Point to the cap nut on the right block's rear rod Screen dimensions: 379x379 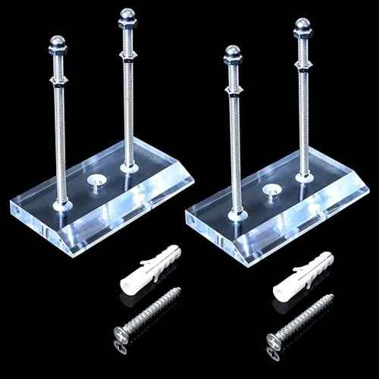point(303,28)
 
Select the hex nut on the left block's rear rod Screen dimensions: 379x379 point(127,55)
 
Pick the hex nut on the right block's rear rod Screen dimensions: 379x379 point(303,67)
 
